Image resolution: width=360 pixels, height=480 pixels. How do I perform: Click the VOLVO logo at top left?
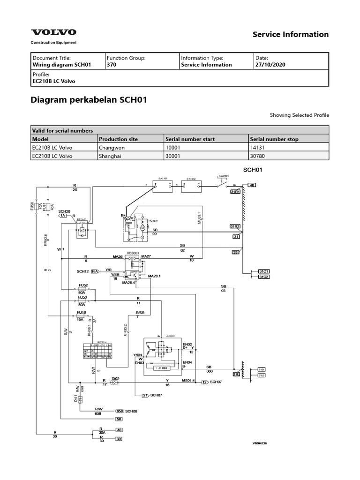click(53, 32)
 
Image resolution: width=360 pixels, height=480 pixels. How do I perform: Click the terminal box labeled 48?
click(252, 186)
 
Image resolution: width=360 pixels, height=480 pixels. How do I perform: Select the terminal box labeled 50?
click(119, 419)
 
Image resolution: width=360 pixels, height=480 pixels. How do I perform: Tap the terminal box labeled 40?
click(119, 430)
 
